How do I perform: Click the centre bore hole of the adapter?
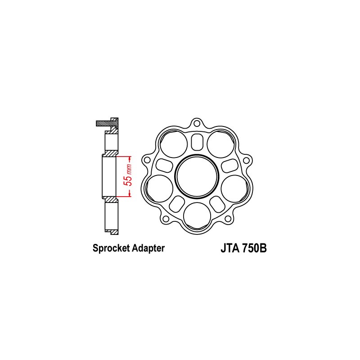click(x=196, y=176)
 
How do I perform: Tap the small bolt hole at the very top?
click(x=196, y=122)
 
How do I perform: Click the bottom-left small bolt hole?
click(x=165, y=219)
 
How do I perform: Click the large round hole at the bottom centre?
click(x=196, y=216)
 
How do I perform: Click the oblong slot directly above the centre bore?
click(x=196, y=141)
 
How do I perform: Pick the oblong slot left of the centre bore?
click(x=164, y=165)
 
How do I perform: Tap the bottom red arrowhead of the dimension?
click(x=130, y=194)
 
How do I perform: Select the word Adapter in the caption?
click(x=147, y=248)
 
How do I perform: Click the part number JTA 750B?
click(x=244, y=248)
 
